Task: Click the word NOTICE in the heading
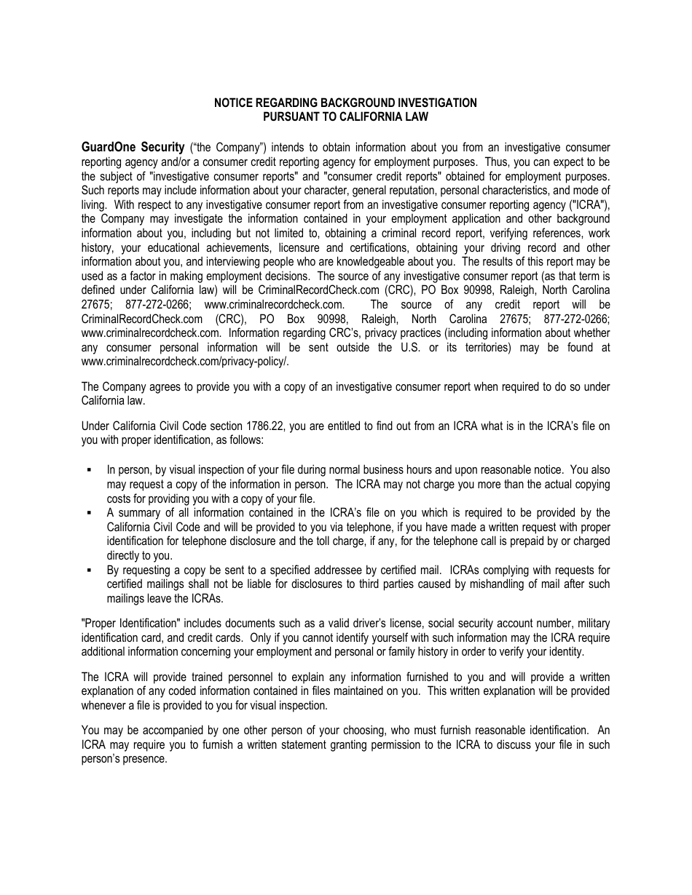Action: pos(232,103)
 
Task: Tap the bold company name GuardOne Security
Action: pos(133,148)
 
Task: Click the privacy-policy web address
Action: pos(185,361)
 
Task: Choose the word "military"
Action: pos(591,624)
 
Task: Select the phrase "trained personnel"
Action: pos(218,677)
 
